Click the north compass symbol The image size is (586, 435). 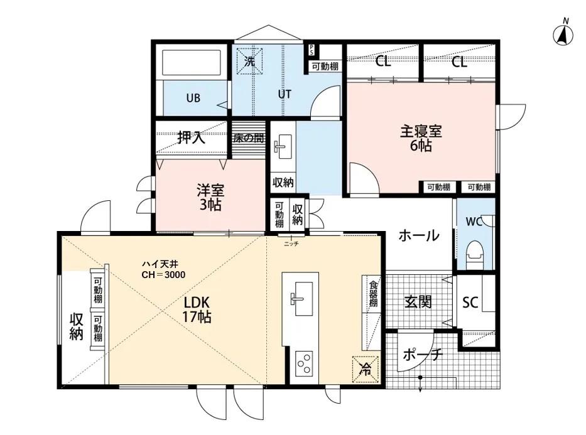pos(563,35)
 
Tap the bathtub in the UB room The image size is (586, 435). pos(192,63)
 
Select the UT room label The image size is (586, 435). pos(285,94)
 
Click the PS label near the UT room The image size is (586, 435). pos(311,50)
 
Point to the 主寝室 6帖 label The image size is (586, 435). pos(421,139)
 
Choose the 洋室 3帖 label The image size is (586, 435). pos(210,197)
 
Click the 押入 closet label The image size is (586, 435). pos(191,138)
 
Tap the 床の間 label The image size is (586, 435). pos(247,138)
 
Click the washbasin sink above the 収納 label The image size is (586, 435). pos(281,148)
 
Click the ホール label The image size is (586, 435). pos(418,236)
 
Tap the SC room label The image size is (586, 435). pos(470,303)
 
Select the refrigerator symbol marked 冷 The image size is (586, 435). pos(364,368)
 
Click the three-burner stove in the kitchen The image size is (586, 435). pos(305,363)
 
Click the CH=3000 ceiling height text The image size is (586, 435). pos(163,275)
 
